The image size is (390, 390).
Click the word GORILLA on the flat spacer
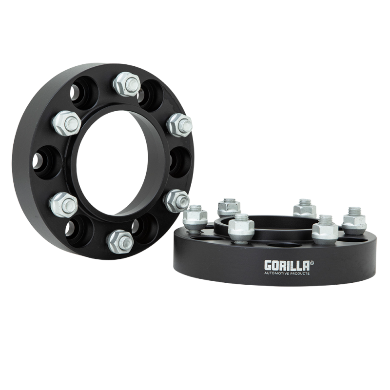point(287,265)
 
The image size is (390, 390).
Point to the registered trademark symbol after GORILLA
point(312,262)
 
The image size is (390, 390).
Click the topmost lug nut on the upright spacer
point(126,84)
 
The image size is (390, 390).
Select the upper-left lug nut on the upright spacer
point(67,123)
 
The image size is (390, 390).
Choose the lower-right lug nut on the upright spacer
point(177,200)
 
